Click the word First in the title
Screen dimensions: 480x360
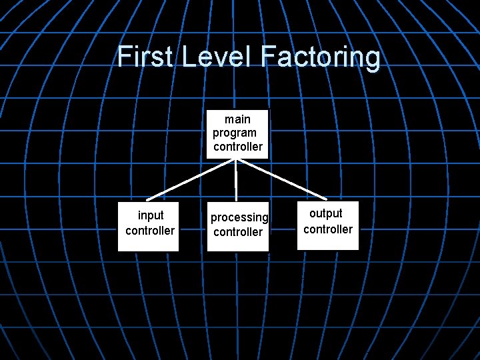[x=144, y=57]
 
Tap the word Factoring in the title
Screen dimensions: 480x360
[x=321, y=58]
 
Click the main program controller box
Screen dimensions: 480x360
[x=237, y=133]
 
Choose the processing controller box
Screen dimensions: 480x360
[x=237, y=227]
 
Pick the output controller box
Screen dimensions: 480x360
[x=327, y=225]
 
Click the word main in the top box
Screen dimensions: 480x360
[x=238, y=119]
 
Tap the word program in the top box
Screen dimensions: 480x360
[x=235, y=133]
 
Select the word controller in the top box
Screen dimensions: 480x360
[x=238, y=146]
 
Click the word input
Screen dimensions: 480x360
[x=151, y=215]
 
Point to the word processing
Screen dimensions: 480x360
[x=239, y=217]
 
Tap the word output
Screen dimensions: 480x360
[x=326, y=213]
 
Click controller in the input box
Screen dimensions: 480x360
[x=150, y=231]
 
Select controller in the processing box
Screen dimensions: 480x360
[x=238, y=232]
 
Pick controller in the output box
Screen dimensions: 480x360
[x=328, y=229]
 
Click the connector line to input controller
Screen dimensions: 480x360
[x=191, y=179]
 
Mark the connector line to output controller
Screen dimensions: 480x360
[x=281, y=179]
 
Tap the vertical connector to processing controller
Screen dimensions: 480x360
[x=236, y=180]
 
